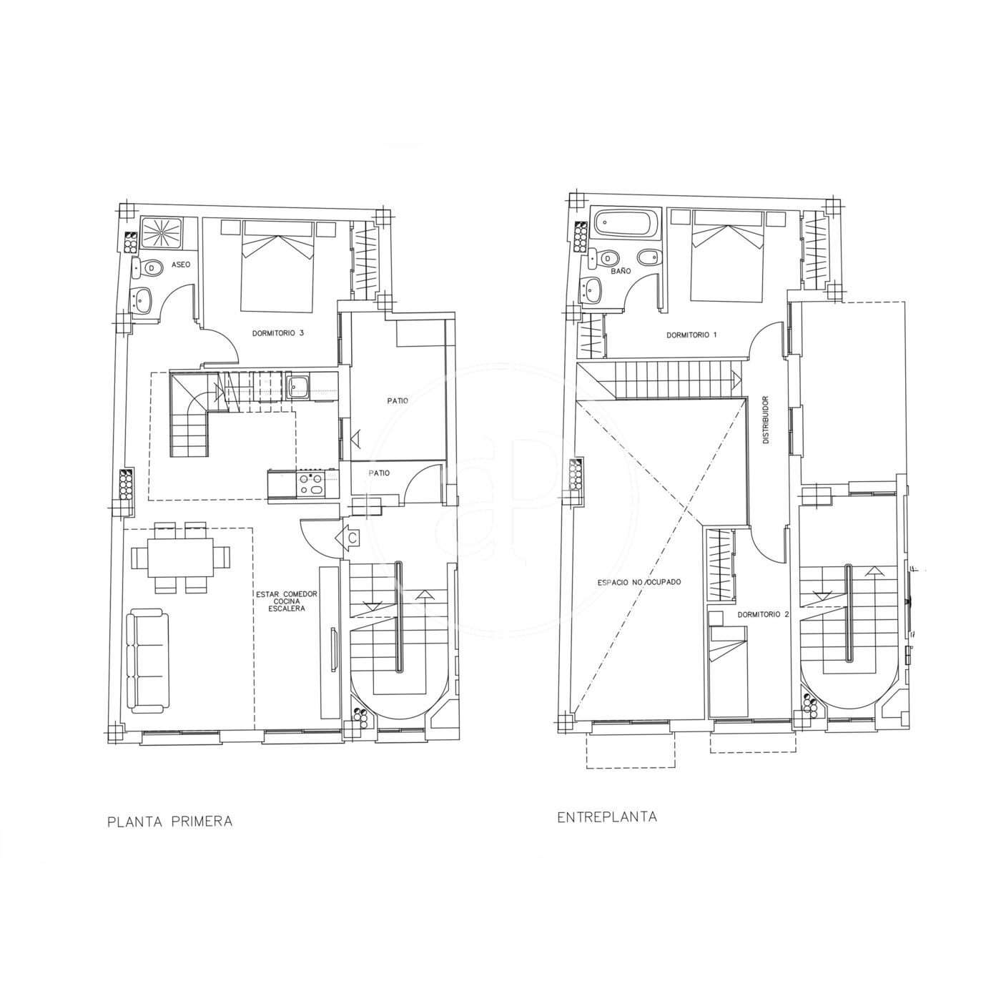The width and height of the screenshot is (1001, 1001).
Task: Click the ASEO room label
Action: point(181,265)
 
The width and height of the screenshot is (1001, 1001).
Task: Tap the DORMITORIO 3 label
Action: point(278,333)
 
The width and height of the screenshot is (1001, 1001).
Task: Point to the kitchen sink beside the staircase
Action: point(297,387)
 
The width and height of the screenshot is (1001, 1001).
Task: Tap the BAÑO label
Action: point(621,271)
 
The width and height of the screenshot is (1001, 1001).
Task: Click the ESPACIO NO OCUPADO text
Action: point(639,582)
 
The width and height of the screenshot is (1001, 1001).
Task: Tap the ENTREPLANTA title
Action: point(607,817)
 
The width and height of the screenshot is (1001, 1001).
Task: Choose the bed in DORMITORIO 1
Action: point(728,255)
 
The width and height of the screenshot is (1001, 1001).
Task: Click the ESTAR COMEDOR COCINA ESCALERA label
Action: point(287,601)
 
